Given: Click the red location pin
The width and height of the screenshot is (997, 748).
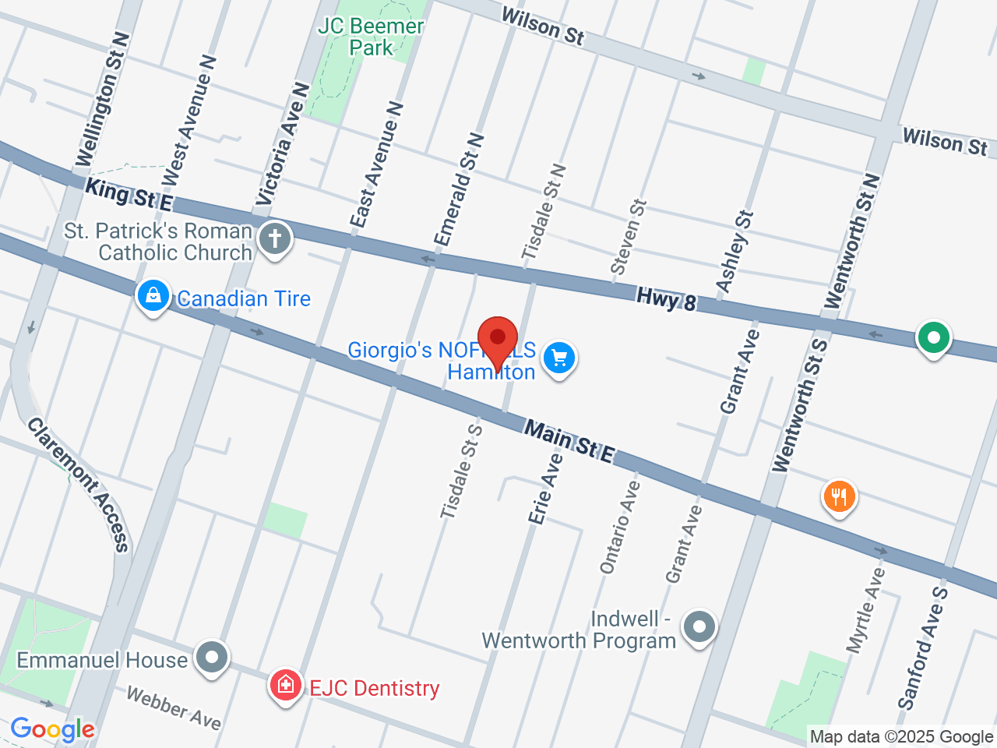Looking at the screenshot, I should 498,340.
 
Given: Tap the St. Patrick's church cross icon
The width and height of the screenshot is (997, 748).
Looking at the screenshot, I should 274,238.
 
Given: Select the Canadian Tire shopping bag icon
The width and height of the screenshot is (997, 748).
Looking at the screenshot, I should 153,296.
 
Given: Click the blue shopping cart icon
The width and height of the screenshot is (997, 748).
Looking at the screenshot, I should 558,358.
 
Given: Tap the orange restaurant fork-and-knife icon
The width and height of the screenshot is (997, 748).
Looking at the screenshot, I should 839,496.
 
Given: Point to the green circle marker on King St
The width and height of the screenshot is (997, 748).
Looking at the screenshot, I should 933,338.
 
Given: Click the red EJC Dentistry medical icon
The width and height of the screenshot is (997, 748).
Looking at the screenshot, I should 286,685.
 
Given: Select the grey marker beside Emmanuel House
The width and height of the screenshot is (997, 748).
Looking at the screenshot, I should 211,658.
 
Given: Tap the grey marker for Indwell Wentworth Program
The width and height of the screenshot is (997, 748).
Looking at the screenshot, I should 699,626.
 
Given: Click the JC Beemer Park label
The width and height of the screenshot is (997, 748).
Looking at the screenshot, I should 371,37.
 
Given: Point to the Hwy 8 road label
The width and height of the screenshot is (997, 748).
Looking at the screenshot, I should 666,299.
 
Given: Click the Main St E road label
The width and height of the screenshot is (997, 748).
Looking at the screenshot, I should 569,441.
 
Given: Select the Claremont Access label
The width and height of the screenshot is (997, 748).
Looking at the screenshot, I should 79,485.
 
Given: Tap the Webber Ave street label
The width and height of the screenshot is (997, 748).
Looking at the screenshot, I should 174,707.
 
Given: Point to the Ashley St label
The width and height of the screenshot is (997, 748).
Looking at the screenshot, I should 735,252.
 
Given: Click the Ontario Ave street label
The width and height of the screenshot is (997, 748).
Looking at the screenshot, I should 620,527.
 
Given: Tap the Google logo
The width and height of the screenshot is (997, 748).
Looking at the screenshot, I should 52,729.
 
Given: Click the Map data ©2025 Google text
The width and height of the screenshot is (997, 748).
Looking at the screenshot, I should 901,736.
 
